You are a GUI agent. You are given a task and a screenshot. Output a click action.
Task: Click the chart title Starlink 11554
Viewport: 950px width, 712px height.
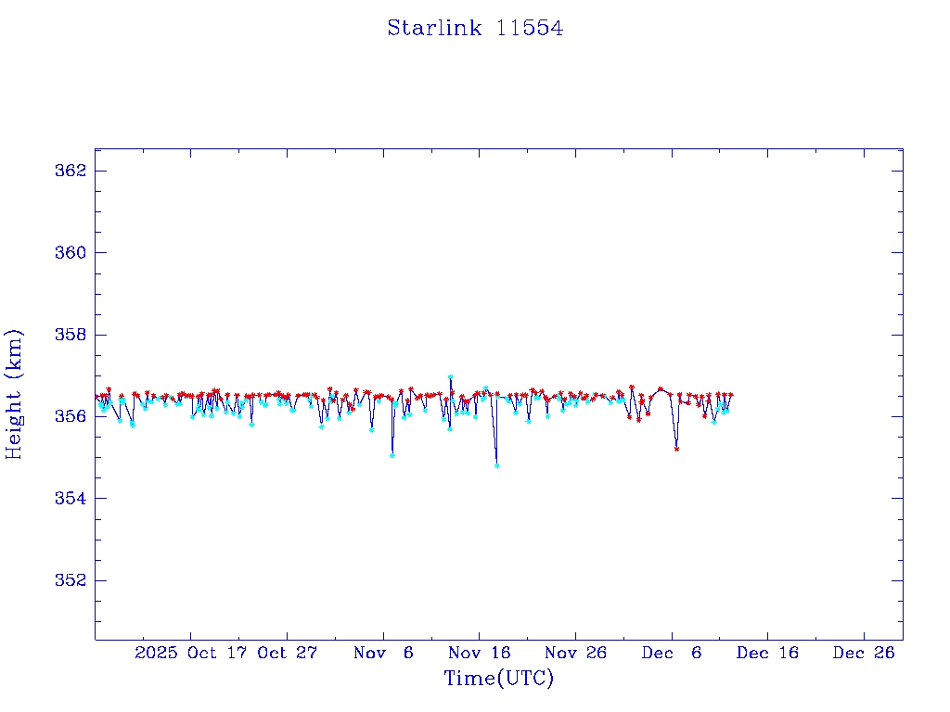475,29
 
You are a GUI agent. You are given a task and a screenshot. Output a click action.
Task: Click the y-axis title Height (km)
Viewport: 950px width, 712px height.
15,394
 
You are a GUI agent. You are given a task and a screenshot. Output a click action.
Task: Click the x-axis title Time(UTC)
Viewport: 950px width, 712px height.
498,679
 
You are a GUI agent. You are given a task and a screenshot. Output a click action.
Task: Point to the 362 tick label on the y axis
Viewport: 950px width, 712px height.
71,172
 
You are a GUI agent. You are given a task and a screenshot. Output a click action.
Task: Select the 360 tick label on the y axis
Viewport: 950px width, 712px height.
71,253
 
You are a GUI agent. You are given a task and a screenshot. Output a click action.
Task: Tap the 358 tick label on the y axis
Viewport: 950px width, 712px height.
71,335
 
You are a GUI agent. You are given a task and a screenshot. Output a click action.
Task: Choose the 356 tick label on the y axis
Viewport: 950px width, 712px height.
71,416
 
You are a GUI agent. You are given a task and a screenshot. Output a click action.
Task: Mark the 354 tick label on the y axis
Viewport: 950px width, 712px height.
71,499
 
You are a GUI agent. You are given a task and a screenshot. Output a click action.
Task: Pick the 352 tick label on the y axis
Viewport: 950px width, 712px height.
71,580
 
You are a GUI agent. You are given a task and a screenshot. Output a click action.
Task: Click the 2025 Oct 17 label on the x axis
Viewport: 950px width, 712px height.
191,653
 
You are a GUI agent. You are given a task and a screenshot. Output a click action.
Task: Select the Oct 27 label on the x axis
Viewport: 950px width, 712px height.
288,653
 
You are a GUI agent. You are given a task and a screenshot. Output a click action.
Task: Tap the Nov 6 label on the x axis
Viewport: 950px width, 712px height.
383,653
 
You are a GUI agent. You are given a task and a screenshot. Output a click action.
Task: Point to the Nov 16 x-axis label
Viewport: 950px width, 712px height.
480,653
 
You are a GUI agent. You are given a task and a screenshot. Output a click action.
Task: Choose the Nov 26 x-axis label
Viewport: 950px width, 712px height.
575,653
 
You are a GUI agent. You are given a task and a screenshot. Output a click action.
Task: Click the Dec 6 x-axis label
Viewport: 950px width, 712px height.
672,653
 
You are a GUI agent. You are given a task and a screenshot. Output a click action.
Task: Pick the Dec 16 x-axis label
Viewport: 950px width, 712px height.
768,653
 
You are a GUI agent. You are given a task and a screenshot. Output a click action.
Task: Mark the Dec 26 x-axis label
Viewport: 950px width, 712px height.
864,653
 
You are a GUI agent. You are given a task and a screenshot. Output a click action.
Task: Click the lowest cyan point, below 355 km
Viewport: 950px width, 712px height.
496,465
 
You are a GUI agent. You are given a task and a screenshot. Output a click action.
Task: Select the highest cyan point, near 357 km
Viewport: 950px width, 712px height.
450,377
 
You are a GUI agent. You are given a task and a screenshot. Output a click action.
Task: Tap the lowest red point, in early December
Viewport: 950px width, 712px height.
676,449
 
